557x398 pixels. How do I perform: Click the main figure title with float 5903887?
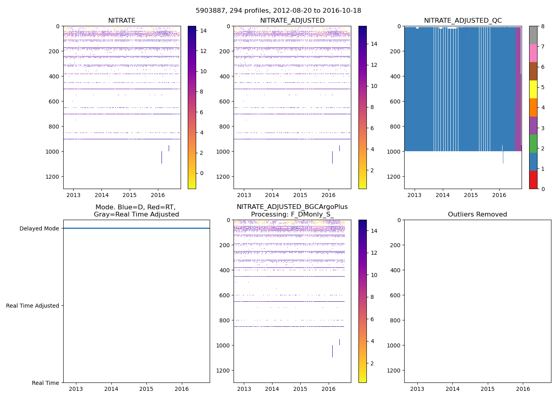pos(278,11)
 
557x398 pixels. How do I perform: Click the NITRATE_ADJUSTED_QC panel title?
pos(463,21)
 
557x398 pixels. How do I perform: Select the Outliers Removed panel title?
pos(477,215)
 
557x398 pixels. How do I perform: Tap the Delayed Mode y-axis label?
pos(39,228)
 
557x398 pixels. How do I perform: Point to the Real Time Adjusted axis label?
pos(33,306)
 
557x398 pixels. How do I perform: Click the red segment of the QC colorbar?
pos(533,180)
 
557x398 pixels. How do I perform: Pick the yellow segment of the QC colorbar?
pos(533,89)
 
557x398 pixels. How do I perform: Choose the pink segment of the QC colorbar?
pos(533,53)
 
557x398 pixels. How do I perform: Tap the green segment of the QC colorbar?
pos(533,144)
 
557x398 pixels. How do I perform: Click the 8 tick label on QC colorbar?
pos(543,26)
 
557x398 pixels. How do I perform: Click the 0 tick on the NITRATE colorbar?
pos(202,173)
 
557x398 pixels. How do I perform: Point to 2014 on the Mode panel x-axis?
pos(111,389)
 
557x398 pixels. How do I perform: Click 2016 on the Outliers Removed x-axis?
pos(523,389)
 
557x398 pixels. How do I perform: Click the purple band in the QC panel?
pos(518,88)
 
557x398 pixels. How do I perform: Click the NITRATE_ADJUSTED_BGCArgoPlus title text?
pos(292,207)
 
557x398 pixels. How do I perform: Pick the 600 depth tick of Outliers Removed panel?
pos(394,295)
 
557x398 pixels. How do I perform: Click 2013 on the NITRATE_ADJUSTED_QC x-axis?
pos(415,195)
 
